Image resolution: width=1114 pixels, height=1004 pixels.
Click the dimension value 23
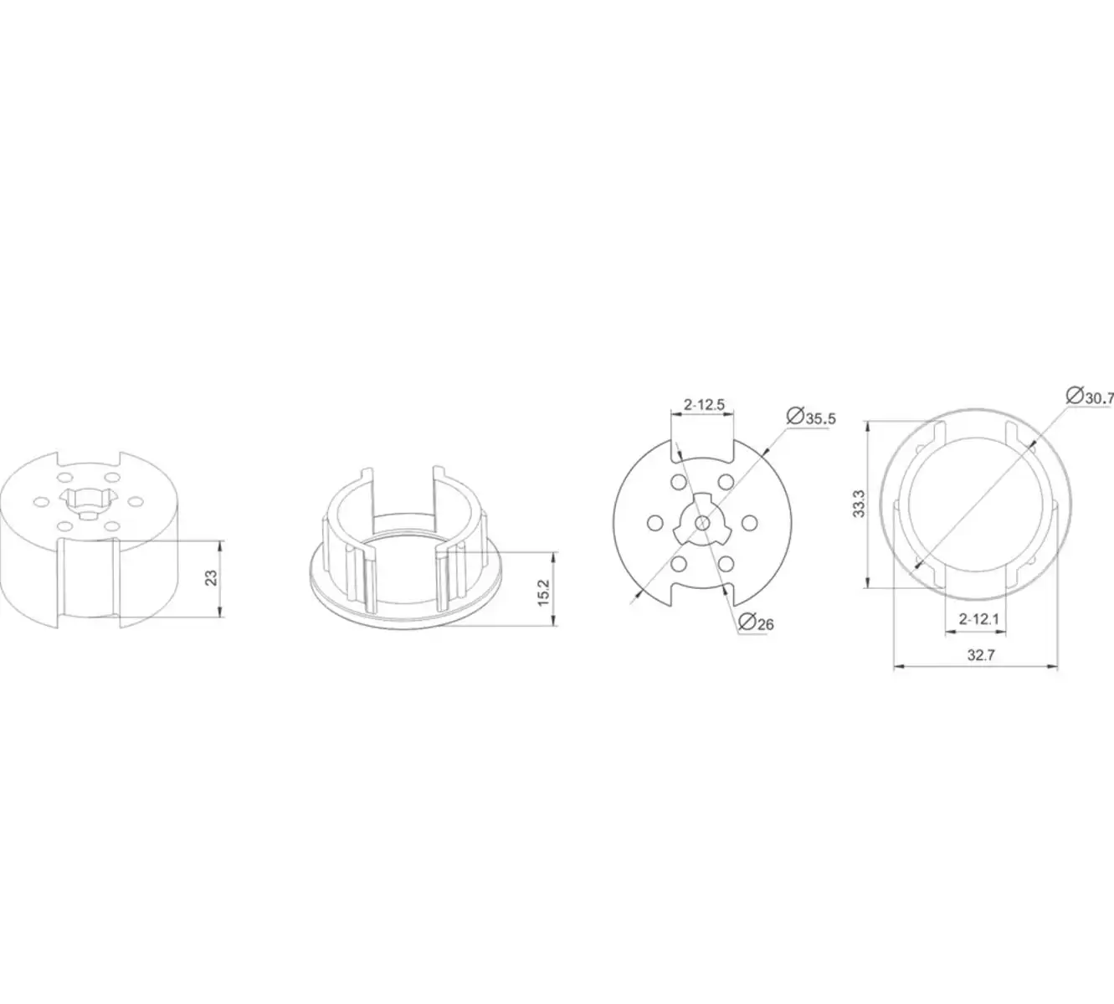(212, 577)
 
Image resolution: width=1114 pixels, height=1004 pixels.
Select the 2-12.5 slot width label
(703, 405)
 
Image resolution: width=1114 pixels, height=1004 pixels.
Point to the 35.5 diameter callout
(820, 418)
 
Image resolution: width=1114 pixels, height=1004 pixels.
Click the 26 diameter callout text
(764, 623)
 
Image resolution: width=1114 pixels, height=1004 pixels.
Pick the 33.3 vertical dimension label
(859, 503)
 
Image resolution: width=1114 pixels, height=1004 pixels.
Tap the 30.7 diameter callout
(1098, 398)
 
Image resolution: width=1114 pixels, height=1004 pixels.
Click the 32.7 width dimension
(980, 655)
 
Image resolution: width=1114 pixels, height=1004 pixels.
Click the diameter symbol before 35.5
(795, 415)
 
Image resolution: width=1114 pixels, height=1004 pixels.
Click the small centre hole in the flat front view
(701, 522)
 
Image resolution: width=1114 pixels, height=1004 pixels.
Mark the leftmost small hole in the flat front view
(653, 522)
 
